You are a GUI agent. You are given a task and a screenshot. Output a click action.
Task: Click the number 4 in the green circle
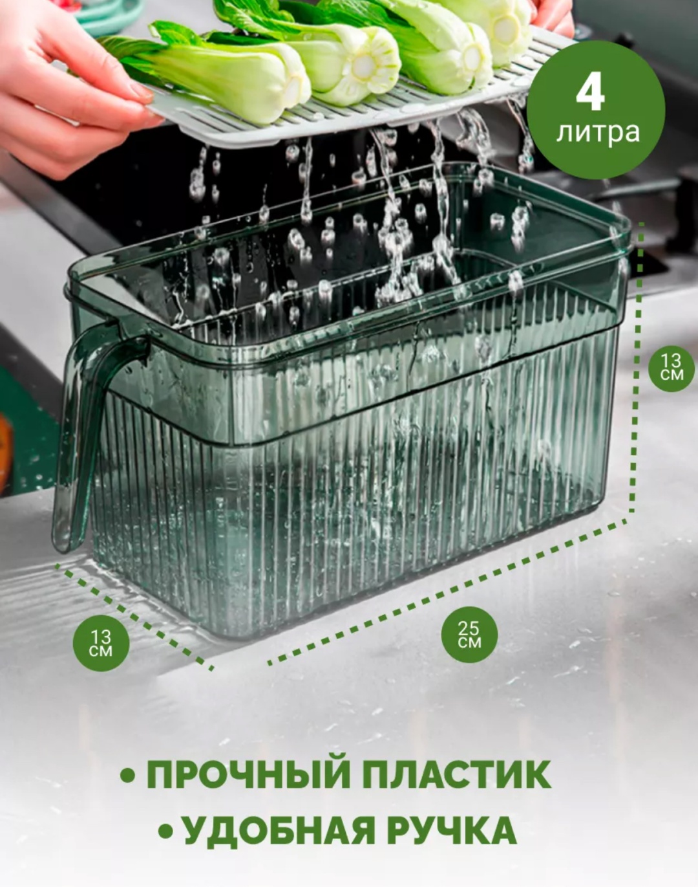pos(590,96)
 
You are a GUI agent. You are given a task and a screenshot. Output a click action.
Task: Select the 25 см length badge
pos(469,634)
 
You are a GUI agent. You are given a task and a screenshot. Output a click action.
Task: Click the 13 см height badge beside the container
pos(672,368)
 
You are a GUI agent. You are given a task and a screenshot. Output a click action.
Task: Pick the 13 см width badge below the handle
pos(101,643)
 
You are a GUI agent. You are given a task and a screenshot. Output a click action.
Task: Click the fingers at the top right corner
pos(554,19)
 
